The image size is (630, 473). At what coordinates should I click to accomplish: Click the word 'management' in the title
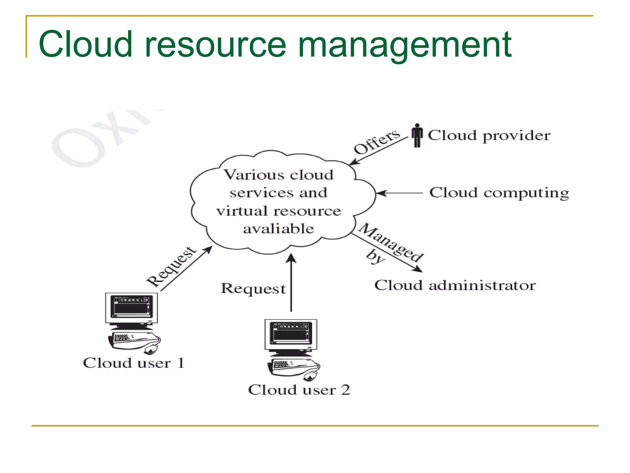pos(405,45)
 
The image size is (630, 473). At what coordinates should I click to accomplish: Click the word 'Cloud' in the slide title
pos(86,45)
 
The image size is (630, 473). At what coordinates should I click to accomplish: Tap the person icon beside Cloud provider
pos(417,135)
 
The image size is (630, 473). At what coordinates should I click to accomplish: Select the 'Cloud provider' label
pos(489,135)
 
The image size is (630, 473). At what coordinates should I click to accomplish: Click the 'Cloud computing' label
pos(499,193)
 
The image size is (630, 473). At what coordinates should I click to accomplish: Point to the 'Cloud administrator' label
pos(455,285)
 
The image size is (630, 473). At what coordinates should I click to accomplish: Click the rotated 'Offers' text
pos(377,142)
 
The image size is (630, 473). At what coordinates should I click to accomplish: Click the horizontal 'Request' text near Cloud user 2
pos(253,289)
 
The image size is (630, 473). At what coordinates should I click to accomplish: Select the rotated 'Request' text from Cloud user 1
pos(171,266)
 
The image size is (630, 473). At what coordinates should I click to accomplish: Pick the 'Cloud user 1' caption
pos(134,363)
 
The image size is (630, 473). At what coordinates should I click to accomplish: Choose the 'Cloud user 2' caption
pos(299,390)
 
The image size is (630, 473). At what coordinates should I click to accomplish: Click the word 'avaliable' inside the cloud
pos(278,229)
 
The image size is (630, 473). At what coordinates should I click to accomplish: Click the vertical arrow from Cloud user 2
pos(291,283)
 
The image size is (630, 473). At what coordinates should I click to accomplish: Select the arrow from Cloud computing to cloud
pos(400,193)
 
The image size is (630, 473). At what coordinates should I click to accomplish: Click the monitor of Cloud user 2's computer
pos(291,334)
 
